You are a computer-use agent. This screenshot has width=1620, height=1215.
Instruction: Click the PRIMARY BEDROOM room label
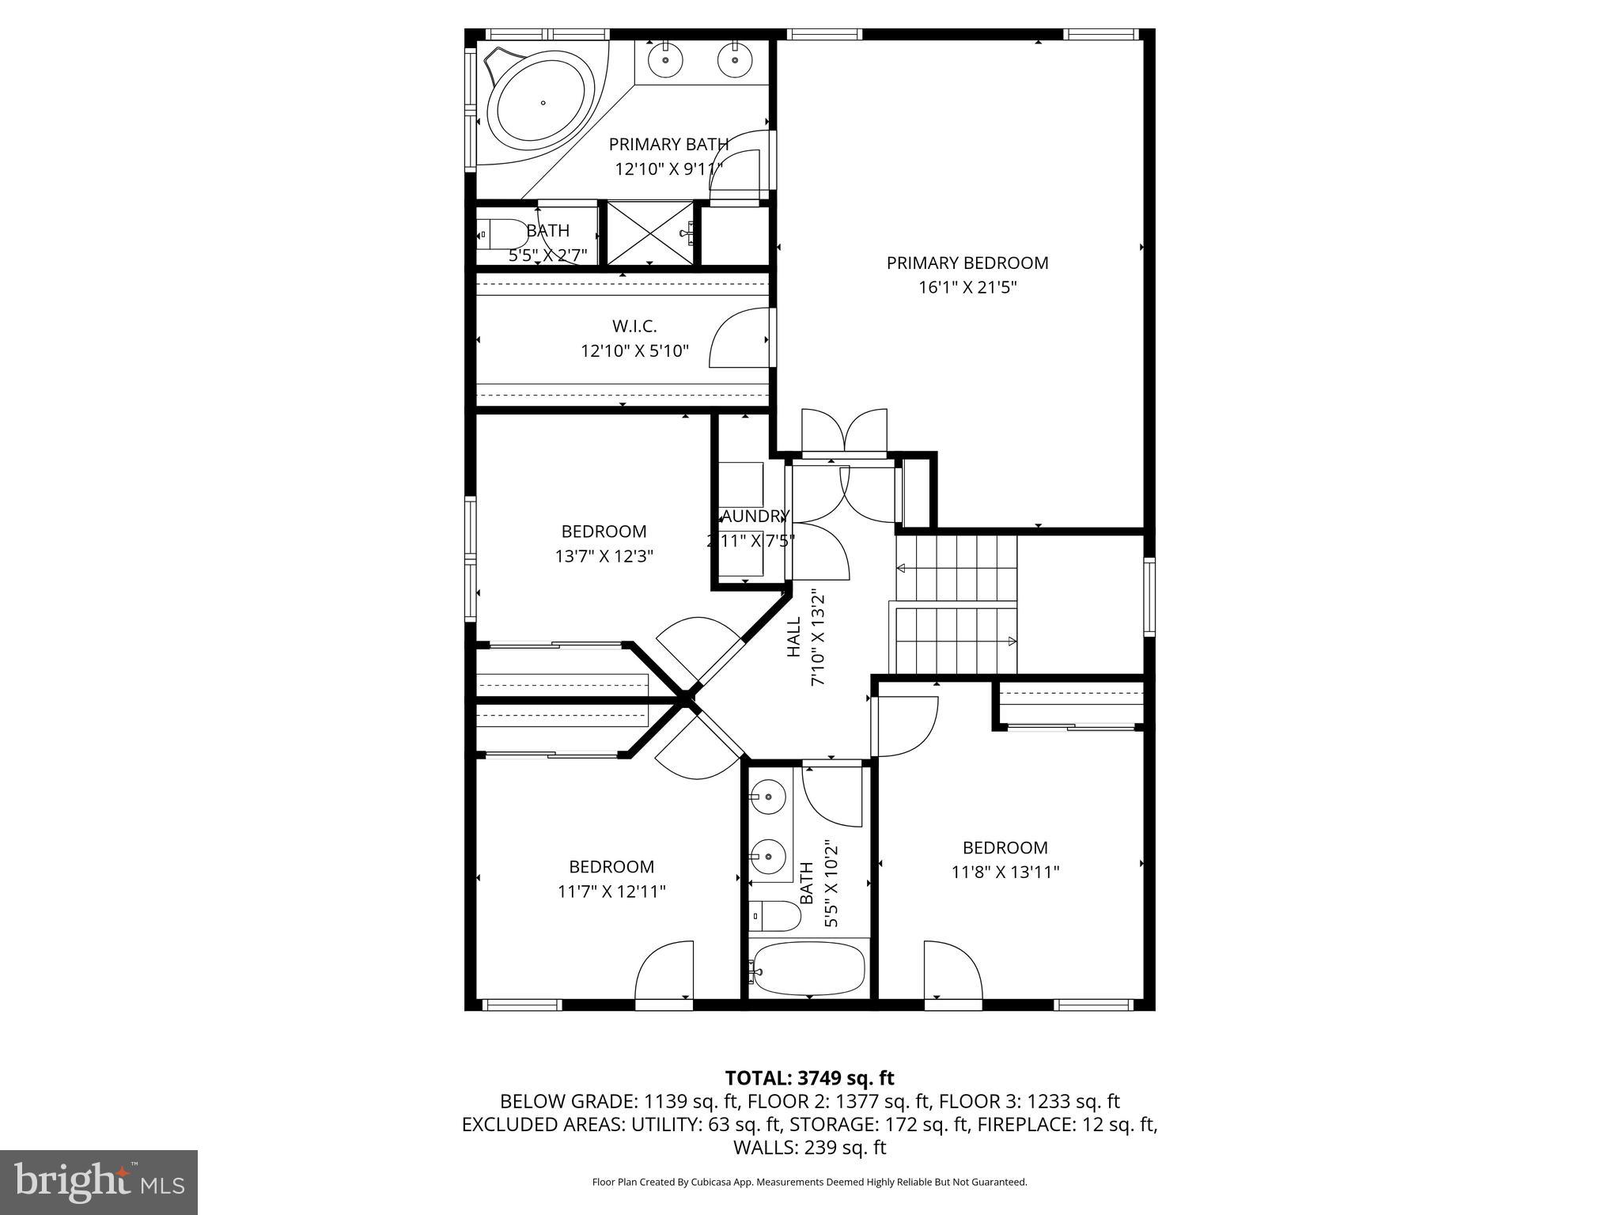tap(967, 263)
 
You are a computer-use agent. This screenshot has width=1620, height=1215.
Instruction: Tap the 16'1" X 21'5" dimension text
tap(967, 287)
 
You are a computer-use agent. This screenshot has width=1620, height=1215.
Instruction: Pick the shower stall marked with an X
tap(649, 233)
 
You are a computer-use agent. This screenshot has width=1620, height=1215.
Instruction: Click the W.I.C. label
tap(634, 326)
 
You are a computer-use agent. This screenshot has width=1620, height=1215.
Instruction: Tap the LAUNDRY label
tap(752, 517)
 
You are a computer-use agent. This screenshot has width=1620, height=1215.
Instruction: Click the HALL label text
tap(794, 638)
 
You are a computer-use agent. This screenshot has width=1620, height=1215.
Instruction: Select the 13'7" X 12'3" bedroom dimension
tap(604, 556)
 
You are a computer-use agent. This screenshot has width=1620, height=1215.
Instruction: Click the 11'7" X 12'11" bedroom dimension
tap(611, 891)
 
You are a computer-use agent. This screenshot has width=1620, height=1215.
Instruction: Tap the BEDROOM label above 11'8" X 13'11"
tap(1005, 847)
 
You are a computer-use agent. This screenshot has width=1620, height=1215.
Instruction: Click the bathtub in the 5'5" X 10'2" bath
tap(807, 970)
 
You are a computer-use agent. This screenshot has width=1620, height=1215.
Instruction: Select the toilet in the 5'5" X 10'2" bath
tap(774, 916)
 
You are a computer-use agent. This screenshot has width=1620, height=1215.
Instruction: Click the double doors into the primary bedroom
tap(844, 433)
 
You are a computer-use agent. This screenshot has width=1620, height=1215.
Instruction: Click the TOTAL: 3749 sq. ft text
tap(809, 1078)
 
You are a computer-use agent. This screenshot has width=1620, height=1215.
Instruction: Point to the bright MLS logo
tap(99, 1182)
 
